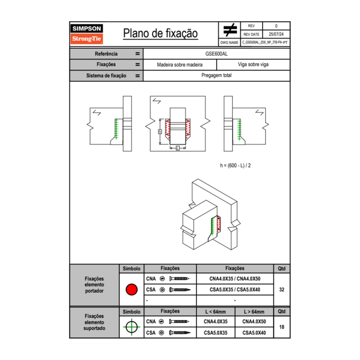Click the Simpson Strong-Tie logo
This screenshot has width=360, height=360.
pos(87,34)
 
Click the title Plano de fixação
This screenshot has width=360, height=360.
pos(160,33)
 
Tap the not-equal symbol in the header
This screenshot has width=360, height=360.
pos(230,30)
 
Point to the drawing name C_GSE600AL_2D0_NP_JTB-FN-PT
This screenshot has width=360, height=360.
pos(265,42)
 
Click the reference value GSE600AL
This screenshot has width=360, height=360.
pos(216,54)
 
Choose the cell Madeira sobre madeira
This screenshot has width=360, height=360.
pos(180,65)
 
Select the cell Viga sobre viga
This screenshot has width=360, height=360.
pos(253,65)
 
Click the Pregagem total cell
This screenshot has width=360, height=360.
pos(216,76)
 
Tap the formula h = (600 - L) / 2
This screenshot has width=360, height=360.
pos(235,165)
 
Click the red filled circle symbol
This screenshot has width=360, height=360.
pos(131,290)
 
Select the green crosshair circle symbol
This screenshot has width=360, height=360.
pos(131,327)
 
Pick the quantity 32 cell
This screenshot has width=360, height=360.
pos(281,290)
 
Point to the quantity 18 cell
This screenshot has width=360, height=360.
pos(281,327)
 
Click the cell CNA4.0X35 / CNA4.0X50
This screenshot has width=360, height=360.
pos(235,279)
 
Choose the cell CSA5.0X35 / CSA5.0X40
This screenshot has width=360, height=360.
pos(235,290)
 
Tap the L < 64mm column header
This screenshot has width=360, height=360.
pos(216,312)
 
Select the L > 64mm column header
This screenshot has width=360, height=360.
pos(254,312)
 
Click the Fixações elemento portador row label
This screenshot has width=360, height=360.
pos(94,285)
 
